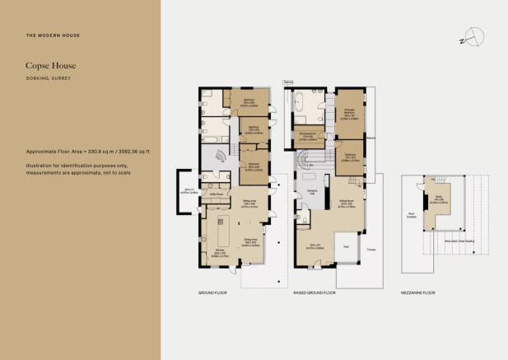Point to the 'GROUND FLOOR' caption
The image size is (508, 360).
click(212, 292)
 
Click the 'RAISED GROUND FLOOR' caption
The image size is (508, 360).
click(314, 292)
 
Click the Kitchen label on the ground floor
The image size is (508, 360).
click(220, 250)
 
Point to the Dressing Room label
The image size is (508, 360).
click(305, 136)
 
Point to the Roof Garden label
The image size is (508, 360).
click(411, 216)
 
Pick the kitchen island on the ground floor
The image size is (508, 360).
click(220, 227)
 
